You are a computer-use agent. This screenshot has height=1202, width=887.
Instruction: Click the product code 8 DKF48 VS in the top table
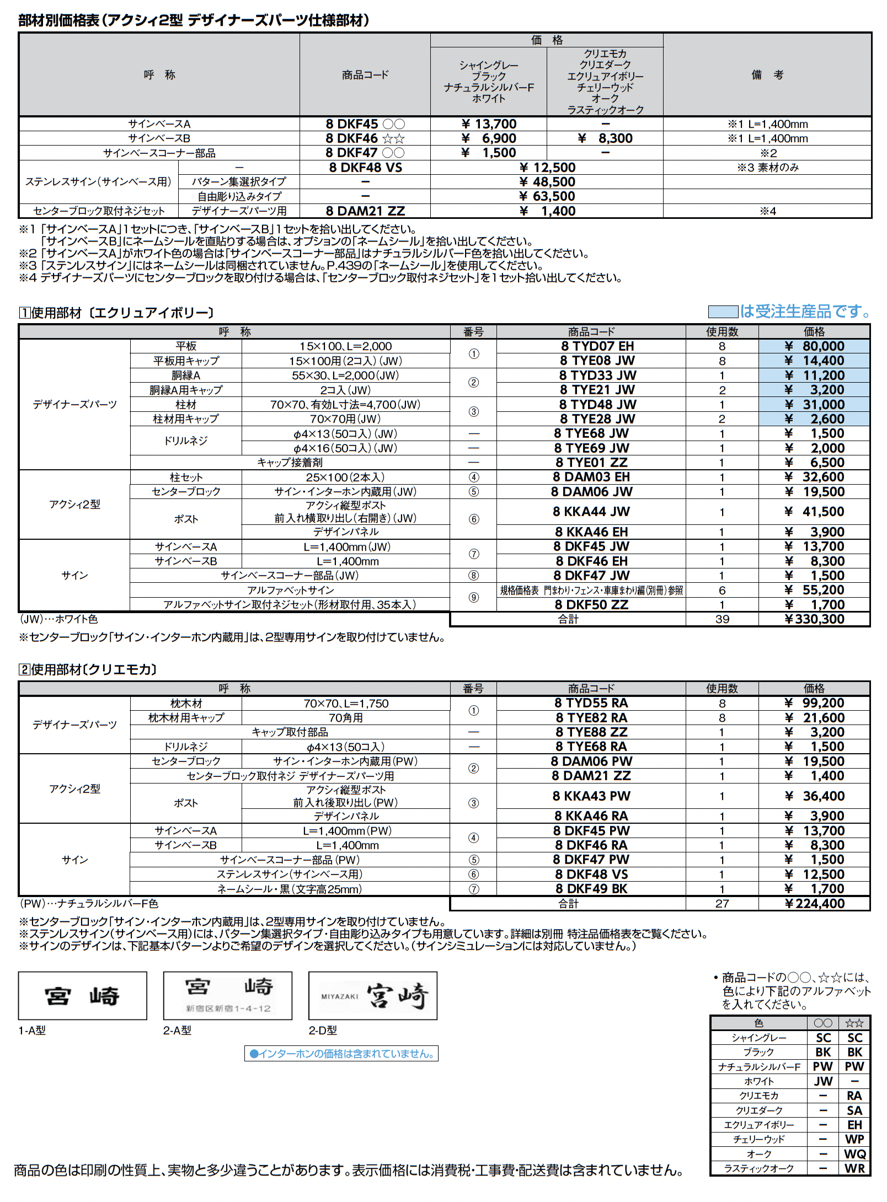click(365, 168)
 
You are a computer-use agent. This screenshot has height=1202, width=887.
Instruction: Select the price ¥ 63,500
click(547, 196)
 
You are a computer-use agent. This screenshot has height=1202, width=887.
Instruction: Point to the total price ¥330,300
click(814, 619)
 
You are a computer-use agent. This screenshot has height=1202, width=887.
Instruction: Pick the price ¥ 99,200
click(814, 703)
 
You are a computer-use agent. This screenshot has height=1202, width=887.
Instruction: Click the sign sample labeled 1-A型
click(83, 996)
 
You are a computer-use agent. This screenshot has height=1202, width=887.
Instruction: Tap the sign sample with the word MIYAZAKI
click(373, 996)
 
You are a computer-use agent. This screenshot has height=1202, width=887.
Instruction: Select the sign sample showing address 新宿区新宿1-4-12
click(228, 996)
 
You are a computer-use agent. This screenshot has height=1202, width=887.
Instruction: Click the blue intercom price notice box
click(341, 1054)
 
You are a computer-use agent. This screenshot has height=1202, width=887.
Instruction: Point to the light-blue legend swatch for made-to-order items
click(723, 312)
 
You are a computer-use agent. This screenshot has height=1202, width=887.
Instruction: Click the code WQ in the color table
click(854, 1154)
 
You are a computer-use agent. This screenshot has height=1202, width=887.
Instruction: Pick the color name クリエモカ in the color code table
click(758, 1096)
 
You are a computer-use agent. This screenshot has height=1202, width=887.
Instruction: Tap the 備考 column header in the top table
click(767, 75)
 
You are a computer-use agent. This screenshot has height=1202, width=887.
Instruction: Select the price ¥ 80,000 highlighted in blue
click(814, 346)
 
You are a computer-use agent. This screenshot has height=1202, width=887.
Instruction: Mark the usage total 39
click(722, 619)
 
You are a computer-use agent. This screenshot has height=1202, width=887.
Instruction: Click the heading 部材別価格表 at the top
click(59, 21)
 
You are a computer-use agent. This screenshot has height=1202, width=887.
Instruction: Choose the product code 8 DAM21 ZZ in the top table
click(365, 211)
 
